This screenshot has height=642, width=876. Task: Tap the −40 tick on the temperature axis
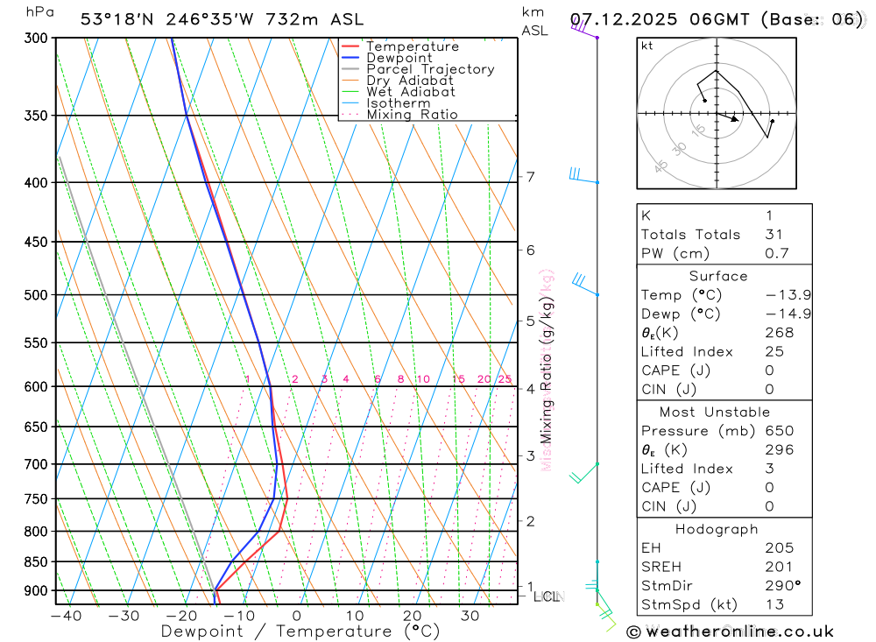66,617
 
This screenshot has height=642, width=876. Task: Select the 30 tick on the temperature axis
470,617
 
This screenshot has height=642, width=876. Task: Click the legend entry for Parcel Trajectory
430,69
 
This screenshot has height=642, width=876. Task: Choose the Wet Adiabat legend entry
411,92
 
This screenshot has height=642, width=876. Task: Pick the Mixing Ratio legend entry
412,115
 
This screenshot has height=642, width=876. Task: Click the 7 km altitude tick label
530,177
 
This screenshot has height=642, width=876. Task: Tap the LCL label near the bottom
547,596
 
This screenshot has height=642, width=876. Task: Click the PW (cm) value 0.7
777,254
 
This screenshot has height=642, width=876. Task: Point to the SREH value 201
777,568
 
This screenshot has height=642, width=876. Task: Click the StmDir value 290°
780,586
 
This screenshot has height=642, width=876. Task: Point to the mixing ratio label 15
458,379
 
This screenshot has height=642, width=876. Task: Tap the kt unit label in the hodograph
647,46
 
